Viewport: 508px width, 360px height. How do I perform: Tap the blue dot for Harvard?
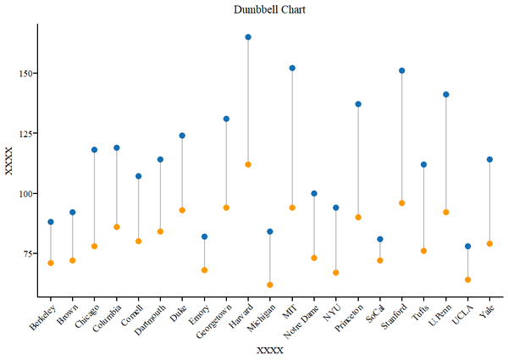pos(248,37)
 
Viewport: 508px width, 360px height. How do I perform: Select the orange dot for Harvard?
pos(248,164)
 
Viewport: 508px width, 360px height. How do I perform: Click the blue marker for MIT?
pos(292,68)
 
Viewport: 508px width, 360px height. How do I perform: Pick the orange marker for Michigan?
pos(270,285)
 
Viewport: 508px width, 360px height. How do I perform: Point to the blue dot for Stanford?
pos(402,70)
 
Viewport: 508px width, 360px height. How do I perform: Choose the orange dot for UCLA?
pos(468,280)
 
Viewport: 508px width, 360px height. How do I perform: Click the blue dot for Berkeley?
pos(51,222)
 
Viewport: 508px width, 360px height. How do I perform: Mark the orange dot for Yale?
pos(490,244)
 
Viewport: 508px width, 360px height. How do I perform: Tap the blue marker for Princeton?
pos(358,104)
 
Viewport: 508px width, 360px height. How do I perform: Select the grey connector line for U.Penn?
pos(446,152)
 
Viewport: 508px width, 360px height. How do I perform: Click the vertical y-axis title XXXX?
pos(9,161)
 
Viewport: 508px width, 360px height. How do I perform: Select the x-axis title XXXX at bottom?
pos(270,350)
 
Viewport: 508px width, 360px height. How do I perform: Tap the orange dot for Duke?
pos(182,210)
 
